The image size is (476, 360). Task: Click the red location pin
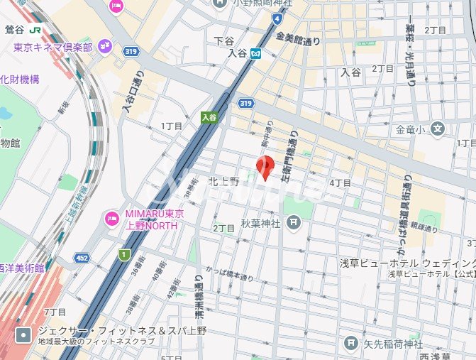pyautogui.click(x=265, y=166)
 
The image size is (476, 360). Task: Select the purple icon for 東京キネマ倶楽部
pyautogui.click(x=105, y=48)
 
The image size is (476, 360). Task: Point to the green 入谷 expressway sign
pyautogui.click(x=208, y=117)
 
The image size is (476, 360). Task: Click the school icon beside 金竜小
pyautogui.click(x=438, y=130)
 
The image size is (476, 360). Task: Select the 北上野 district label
pyautogui.click(x=223, y=181)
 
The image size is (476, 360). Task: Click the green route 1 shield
pyautogui.click(x=125, y=254)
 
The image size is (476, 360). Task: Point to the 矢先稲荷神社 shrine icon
pyautogui.click(x=350, y=344)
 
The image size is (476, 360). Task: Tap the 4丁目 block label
pyautogui.click(x=341, y=183)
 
